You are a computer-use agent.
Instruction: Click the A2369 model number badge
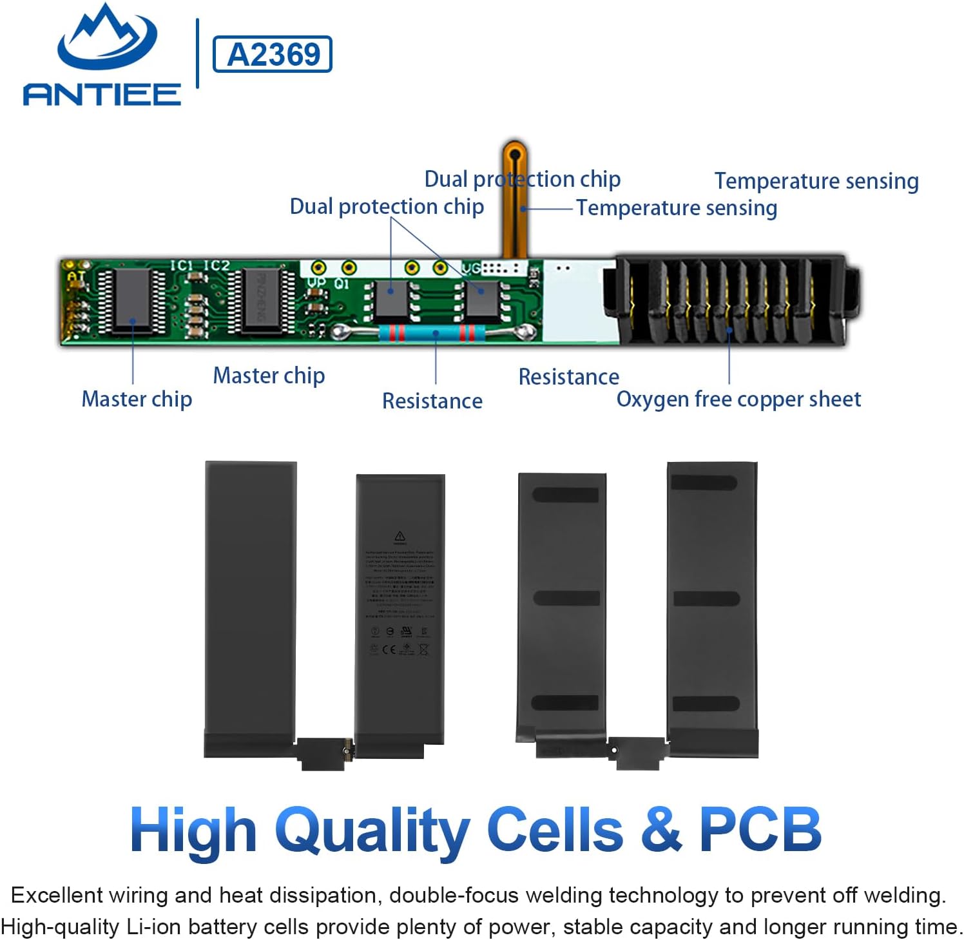pos(273,54)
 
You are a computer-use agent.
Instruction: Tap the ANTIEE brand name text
pos(102,95)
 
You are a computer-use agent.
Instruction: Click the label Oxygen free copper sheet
pos(738,399)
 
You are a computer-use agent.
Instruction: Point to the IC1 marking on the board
pos(181,265)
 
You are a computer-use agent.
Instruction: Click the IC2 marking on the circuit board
pos(216,265)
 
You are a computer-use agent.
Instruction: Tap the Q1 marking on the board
pos(341,283)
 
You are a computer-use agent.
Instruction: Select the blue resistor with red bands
pos(435,333)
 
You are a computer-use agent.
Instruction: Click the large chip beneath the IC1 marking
pos(132,300)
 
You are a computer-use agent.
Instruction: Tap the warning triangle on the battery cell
pos(400,536)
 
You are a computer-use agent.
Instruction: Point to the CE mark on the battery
pos(389,649)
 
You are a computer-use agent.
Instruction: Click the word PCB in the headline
pos(760,830)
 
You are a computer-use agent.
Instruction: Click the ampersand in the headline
pos(660,830)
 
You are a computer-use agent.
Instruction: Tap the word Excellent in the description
pos(57,895)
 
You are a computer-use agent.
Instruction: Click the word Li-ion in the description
pos(153,926)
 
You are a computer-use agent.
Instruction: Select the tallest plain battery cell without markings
pos(251,599)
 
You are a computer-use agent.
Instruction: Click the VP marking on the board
pos(316,283)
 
